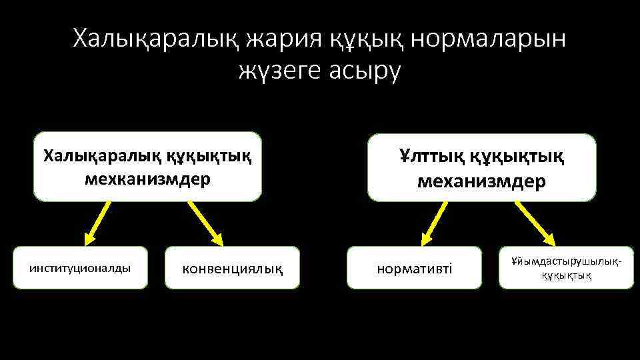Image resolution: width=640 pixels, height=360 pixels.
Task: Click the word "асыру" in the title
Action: (365, 71)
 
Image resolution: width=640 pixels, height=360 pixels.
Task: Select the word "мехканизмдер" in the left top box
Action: (147, 179)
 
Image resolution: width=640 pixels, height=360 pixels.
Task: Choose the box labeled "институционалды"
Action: (81, 268)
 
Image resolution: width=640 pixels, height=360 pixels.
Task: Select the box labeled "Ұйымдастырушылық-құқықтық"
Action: (566, 268)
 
